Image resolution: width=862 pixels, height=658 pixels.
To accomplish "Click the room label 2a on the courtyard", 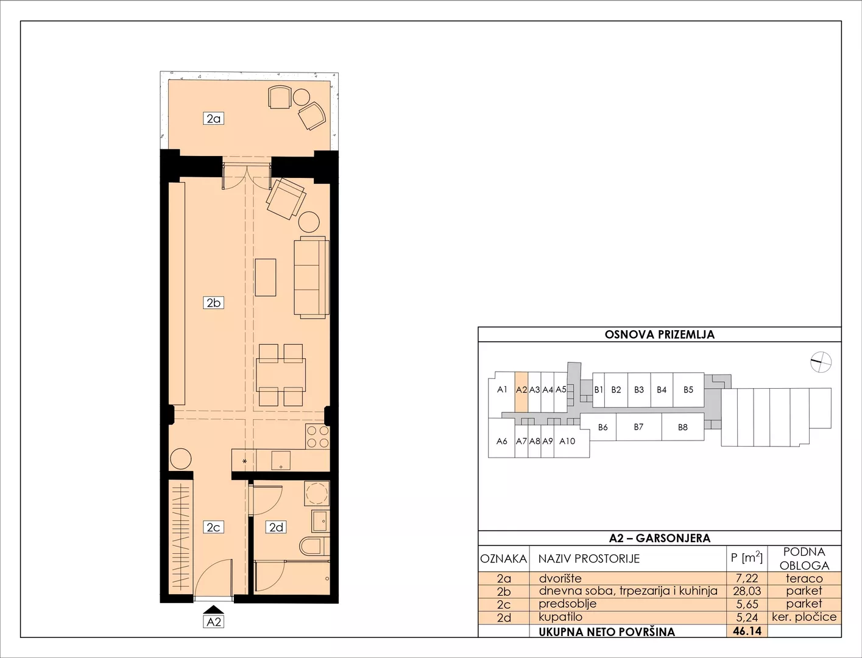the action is coord(214,118).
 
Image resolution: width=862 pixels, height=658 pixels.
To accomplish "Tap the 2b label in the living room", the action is coord(214,303).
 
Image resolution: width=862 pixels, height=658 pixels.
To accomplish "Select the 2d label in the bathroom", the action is coord(276,527).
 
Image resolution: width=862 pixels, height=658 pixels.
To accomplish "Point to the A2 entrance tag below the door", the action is coord(214,621).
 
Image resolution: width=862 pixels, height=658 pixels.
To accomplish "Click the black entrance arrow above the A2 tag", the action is coord(214,609).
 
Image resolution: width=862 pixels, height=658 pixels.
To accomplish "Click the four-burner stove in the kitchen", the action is coord(318,437).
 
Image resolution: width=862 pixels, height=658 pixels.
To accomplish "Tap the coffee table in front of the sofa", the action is coord(266,277).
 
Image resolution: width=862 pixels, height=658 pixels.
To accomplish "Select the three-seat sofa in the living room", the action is coord(311,277).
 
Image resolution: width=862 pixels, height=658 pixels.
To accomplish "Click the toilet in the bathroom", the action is coord(314,546).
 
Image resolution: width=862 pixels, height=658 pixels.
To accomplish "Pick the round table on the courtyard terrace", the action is coord(302,97).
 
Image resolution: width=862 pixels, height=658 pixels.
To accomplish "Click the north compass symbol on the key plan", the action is coord(821,361).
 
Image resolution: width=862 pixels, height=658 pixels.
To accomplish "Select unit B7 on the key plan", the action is coord(638,426).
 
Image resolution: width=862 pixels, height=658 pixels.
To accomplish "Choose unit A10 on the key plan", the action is coord(568,441).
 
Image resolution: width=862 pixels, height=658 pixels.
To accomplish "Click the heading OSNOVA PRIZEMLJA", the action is coord(659,334).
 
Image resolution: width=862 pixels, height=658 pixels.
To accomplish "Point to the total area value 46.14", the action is coord(747,631).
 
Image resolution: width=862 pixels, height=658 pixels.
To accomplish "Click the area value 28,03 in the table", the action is coord(747,591).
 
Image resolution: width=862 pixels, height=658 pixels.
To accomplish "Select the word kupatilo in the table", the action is coord(560,617).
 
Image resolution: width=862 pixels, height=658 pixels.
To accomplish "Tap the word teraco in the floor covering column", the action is coord(804,578).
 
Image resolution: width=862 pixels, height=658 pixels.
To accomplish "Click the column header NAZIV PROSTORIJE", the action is coord(589,558).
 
